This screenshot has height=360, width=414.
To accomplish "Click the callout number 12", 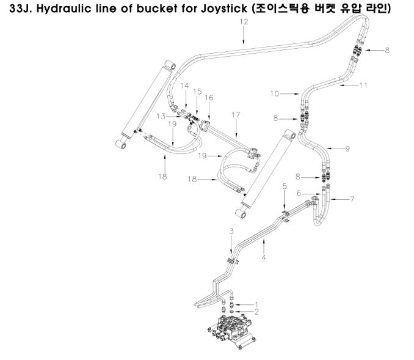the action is pyautogui.click(x=244, y=21).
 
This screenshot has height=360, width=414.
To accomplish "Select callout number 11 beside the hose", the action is pyautogui.click(x=363, y=86).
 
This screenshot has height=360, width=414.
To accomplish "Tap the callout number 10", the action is pyautogui.click(x=274, y=94).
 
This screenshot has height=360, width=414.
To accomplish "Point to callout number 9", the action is pyautogui.click(x=347, y=149).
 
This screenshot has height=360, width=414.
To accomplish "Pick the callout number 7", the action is pyautogui.click(x=352, y=199).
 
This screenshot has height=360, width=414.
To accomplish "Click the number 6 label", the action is pyautogui.click(x=299, y=193).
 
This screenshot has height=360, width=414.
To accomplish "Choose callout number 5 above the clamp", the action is pyautogui.click(x=285, y=186).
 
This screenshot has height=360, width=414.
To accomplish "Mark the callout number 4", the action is pyautogui.click(x=264, y=257).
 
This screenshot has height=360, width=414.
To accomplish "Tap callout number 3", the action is pyautogui.click(x=231, y=232).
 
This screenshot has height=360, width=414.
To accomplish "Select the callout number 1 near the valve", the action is pyautogui.click(x=256, y=305).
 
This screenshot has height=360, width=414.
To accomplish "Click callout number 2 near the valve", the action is pyautogui.click(x=256, y=312).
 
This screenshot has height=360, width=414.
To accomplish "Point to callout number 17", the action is pyautogui.click(x=236, y=115).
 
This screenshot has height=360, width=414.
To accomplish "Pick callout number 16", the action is pyautogui.click(x=209, y=98).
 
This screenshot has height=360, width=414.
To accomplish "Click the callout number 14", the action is pyautogui.click(x=184, y=86).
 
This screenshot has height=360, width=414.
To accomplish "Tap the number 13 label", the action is pyautogui.click(x=161, y=116).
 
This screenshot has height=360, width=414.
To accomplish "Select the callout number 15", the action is pyautogui.click(x=197, y=92).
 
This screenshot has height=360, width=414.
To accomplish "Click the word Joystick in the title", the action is pyautogui.click(x=224, y=9).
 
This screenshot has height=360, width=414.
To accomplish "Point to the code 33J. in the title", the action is pyautogui.click(x=21, y=9).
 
